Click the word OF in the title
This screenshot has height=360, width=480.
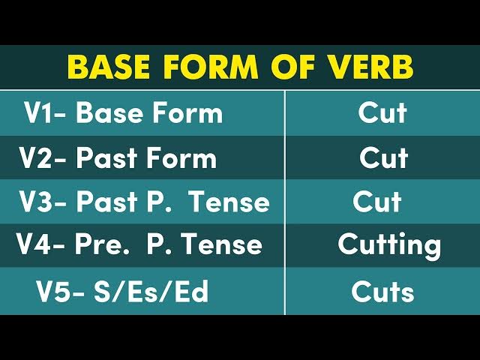[x=289, y=67]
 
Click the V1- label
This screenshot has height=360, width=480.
[x=46, y=113]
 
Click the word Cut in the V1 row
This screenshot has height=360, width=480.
[x=382, y=113]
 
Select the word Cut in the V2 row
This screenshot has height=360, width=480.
[x=383, y=158]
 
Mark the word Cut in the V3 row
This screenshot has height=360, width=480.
[x=377, y=202]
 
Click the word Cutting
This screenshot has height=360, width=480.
[x=389, y=245]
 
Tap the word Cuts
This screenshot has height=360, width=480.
[x=382, y=292]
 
